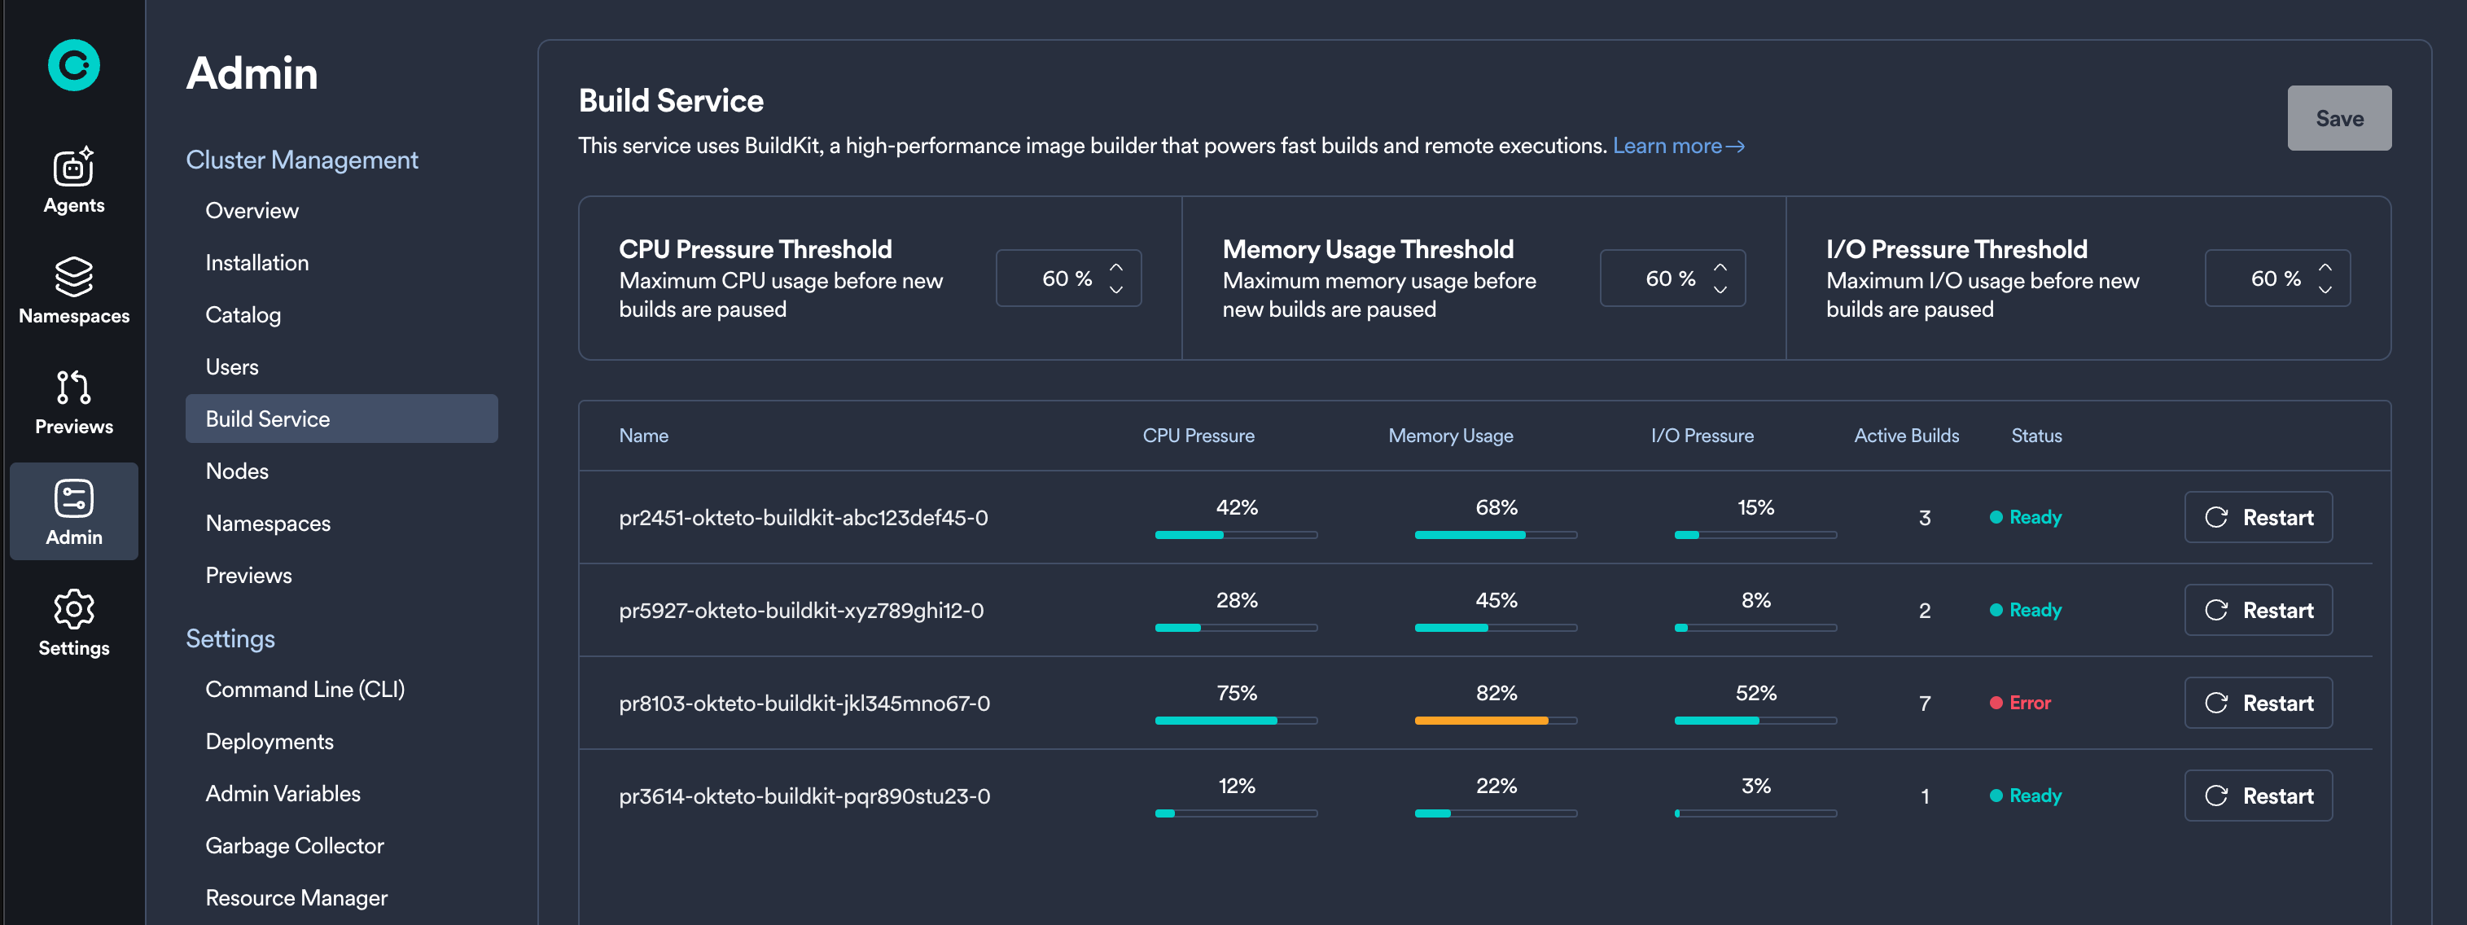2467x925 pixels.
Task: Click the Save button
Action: click(2338, 119)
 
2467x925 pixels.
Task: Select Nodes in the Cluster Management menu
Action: click(237, 471)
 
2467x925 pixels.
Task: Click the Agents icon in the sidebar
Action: click(74, 169)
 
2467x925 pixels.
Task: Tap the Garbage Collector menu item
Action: click(294, 845)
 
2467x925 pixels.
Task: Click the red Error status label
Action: click(2028, 703)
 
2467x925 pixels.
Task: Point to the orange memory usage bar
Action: click(1480, 720)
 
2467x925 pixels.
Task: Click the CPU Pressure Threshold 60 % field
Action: click(1067, 278)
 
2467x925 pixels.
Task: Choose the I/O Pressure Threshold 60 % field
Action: click(2276, 278)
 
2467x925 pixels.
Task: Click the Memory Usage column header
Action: click(1450, 436)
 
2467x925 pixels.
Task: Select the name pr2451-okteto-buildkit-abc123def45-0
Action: click(803, 518)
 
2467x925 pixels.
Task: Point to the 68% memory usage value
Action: click(1496, 507)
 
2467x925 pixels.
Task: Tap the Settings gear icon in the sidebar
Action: click(74, 610)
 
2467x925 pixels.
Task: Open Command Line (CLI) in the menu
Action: click(305, 690)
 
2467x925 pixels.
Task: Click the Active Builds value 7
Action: click(1924, 704)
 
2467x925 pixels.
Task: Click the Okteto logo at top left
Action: click(74, 65)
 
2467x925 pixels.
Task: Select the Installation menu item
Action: click(256, 262)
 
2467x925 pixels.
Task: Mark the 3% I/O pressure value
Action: click(1755, 786)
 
